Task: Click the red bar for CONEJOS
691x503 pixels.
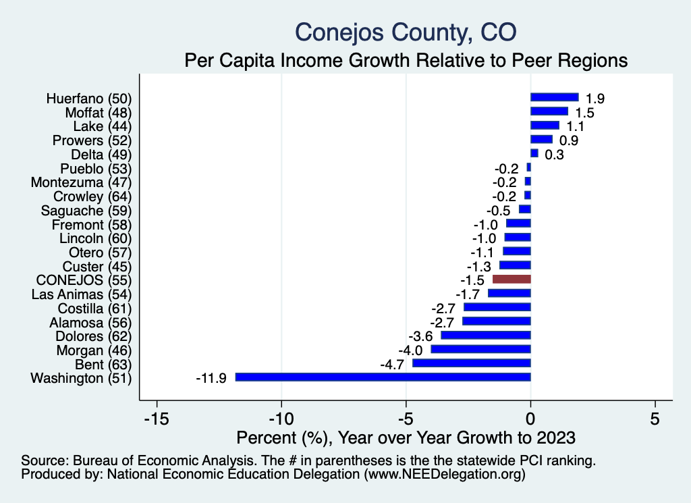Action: (512, 279)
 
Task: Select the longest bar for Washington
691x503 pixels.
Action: (383, 377)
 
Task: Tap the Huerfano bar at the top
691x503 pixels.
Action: (555, 97)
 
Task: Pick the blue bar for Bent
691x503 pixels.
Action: (472, 363)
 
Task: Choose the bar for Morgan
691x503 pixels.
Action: (480, 349)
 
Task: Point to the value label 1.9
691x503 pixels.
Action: (595, 99)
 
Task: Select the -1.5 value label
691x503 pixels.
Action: (474, 280)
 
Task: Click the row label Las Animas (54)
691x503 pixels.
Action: (82, 294)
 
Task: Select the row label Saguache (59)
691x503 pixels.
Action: (86, 210)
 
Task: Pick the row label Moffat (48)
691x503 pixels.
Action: (98, 112)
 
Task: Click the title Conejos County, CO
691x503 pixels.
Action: (406, 32)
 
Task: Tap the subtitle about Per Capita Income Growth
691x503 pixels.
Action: (406, 60)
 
